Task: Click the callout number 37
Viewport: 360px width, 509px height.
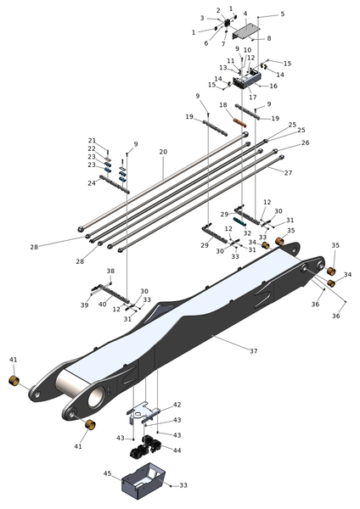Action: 253,351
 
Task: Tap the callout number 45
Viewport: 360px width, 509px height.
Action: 108,473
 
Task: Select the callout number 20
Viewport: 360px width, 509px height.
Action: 163,152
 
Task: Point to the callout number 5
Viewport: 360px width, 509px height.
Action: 283,14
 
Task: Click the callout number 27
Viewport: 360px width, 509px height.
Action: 288,173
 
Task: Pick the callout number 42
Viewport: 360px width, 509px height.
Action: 177,405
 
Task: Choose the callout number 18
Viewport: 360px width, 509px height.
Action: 223,105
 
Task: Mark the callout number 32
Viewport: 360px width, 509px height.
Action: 247,233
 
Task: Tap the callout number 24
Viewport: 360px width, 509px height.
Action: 92,183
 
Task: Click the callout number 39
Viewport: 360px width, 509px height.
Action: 84,305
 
